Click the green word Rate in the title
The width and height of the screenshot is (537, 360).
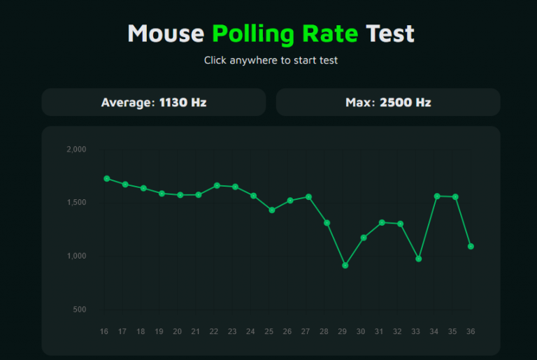click(x=330, y=34)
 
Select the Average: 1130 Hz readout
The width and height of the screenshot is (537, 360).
click(x=154, y=102)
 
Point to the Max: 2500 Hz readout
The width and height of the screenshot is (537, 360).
click(x=388, y=102)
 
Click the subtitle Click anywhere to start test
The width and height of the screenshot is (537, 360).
click(x=271, y=60)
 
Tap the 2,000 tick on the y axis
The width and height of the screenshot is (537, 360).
click(x=76, y=150)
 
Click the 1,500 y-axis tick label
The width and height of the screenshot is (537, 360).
click(x=76, y=203)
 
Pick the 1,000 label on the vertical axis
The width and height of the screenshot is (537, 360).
click(x=76, y=256)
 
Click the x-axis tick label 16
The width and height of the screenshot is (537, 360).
click(x=104, y=331)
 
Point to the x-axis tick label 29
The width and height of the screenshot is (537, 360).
click(x=343, y=331)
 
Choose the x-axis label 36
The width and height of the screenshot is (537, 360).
click(x=471, y=331)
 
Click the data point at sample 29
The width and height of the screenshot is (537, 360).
click(x=345, y=266)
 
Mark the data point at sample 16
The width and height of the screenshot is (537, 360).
click(x=106, y=178)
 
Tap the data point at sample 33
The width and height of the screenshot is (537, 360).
click(x=418, y=259)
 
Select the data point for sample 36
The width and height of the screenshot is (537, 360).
click(x=471, y=246)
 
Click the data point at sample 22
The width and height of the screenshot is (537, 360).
click(x=217, y=185)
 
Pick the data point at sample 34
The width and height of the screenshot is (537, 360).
click(x=437, y=196)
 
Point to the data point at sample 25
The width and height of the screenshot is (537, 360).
click(x=272, y=210)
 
